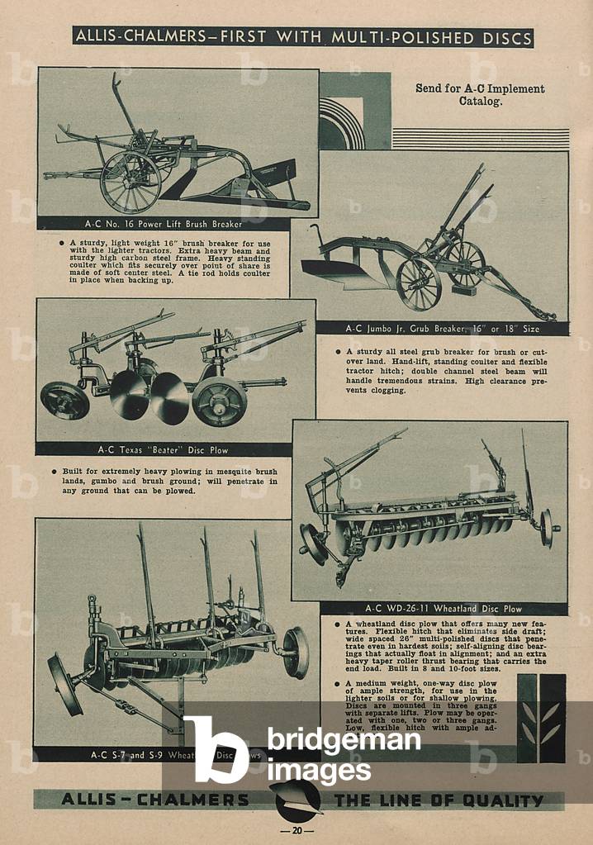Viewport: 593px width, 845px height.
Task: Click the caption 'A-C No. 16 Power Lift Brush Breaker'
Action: pos(164,224)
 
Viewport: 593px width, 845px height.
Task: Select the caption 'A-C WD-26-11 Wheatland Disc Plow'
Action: pos(444,610)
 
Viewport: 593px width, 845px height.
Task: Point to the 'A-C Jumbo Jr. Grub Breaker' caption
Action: pos(442,328)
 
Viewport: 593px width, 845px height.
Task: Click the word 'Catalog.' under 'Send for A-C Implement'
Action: pos(480,102)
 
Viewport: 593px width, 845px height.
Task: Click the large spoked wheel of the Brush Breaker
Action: pos(130,183)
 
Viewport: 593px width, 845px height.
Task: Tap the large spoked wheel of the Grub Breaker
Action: pos(419,284)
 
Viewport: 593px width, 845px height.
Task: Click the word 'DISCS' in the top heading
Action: pos(498,38)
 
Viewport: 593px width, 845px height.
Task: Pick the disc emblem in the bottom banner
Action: pos(295,799)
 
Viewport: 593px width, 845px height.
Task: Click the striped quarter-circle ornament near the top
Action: pos(341,123)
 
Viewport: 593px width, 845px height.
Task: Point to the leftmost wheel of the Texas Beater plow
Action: pos(65,401)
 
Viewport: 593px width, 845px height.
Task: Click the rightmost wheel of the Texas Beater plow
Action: pos(219,401)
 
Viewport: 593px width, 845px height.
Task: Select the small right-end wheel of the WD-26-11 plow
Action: pos(546,528)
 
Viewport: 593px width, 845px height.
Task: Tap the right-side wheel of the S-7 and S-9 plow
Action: pos(295,653)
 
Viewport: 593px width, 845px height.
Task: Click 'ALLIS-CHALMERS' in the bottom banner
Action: pos(154,800)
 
